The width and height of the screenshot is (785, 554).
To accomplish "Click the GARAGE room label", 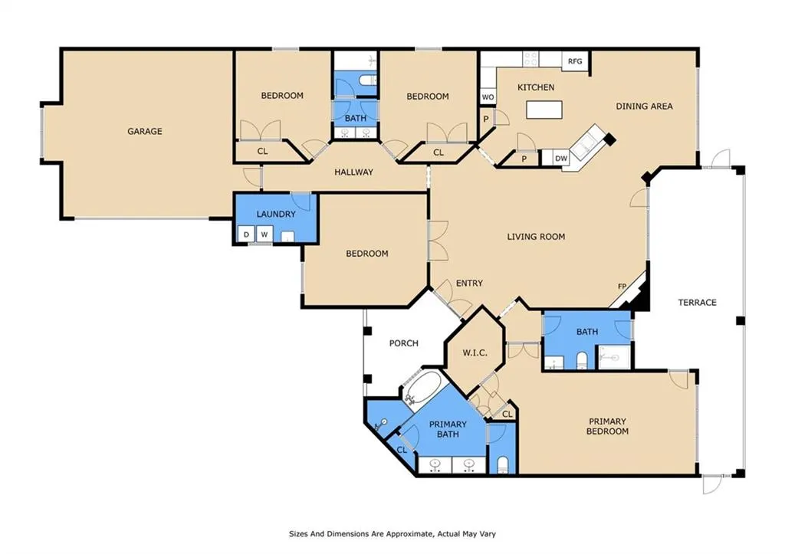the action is pos(145,132).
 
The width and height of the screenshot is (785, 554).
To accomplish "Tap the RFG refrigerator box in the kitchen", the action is pos(575,61).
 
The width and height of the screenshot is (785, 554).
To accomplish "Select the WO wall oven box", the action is pos(488,97).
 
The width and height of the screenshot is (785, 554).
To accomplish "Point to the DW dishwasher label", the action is pos(561,158).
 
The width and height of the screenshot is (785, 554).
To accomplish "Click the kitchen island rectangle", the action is pos(544,110).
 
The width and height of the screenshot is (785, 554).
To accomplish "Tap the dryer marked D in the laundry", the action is pos(246,234).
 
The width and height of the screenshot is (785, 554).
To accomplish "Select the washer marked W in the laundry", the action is pos(264,234).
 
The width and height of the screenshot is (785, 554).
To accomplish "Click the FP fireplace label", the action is pos(622,287).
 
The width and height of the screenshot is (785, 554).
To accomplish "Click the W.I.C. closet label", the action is pos(475,352).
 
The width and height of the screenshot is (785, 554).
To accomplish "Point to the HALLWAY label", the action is pos(354,172).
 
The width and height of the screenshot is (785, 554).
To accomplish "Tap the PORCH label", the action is pos(403,343).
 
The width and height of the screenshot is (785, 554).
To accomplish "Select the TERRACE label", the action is pos(697,302).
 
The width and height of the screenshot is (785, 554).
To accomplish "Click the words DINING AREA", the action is pos(644,106).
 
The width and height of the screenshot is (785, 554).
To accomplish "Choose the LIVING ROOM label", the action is pos(536,237).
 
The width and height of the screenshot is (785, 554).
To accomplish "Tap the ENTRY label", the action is pos(469,284).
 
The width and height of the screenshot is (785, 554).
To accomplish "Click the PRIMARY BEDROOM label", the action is pos(607,426).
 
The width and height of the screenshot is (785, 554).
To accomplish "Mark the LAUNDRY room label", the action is pos(276,215).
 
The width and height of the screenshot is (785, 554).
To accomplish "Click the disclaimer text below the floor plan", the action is pos(392,534).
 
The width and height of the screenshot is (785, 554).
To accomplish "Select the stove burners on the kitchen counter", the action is pos(530,58).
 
